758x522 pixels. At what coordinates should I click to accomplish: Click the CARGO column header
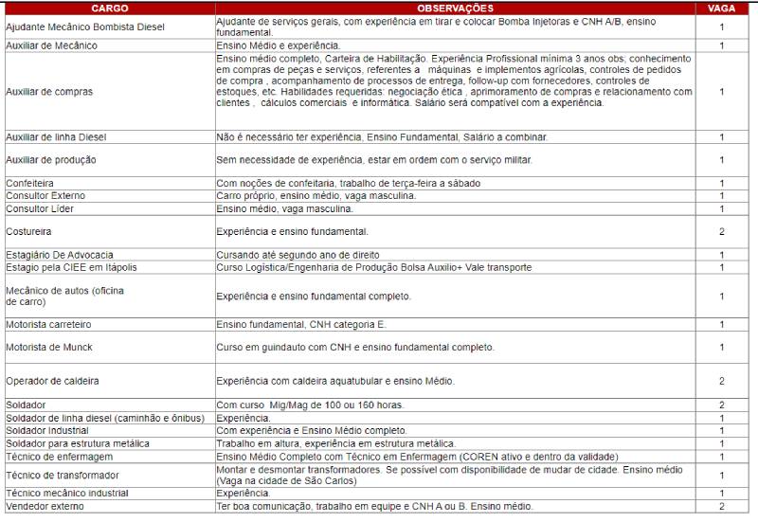click(109, 8)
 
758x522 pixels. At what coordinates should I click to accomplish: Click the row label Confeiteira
click(29, 183)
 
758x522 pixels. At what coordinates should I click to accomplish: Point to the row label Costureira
click(28, 231)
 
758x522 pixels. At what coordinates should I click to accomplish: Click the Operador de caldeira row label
click(53, 381)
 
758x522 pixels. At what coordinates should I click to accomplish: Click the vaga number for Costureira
click(721, 231)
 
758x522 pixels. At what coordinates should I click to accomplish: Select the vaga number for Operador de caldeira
click(721, 381)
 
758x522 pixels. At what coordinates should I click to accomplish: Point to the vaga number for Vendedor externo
click(721, 507)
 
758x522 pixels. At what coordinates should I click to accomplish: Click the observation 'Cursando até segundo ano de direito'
click(298, 255)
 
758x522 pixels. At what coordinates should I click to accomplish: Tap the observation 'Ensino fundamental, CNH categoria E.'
click(301, 325)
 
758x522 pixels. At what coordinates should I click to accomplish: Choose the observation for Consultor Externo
click(316, 195)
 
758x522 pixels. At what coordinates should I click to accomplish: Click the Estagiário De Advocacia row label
click(60, 255)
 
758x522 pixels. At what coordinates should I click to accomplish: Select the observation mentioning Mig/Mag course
click(310, 405)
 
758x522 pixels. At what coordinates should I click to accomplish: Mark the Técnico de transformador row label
click(63, 475)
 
